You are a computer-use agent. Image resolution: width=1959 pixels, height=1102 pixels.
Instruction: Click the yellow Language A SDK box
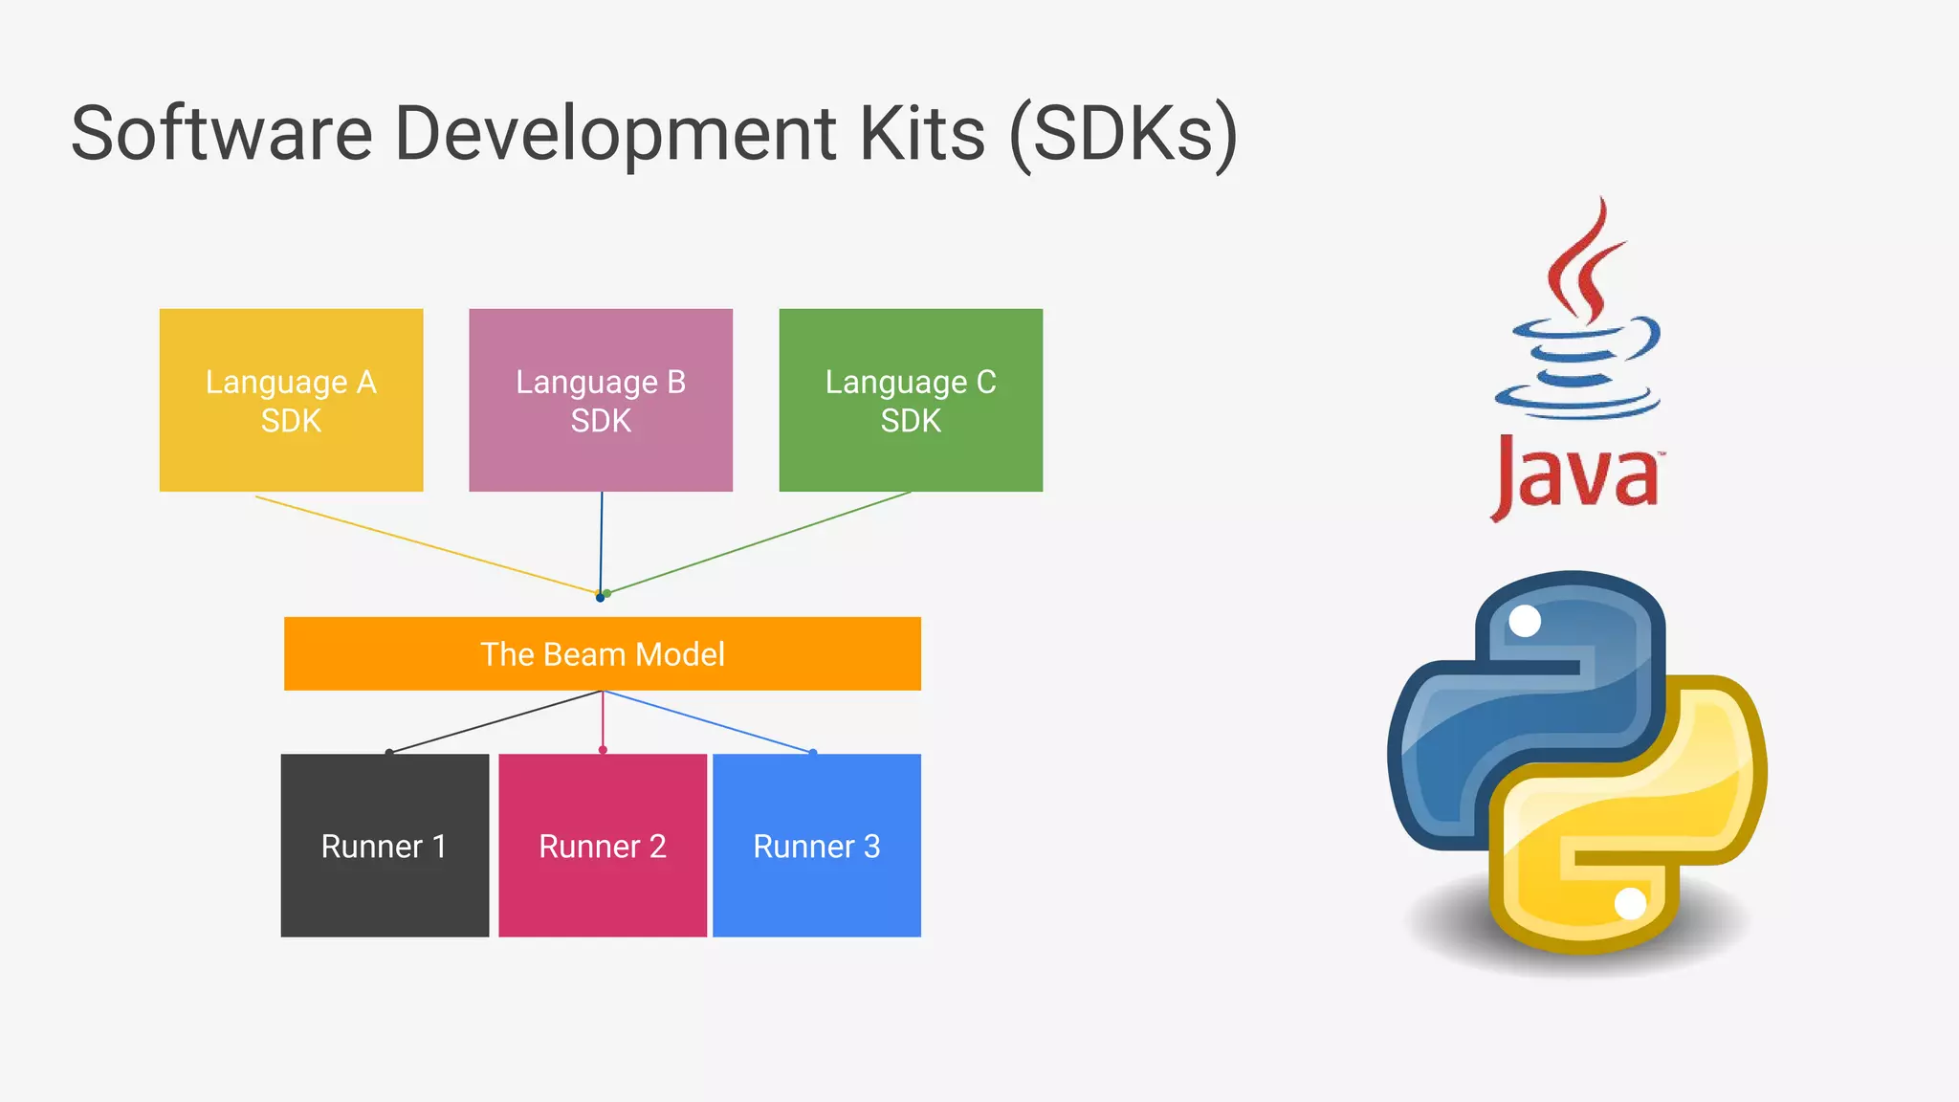[x=291, y=400]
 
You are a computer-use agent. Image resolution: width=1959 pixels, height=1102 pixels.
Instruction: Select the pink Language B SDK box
[x=601, y=400]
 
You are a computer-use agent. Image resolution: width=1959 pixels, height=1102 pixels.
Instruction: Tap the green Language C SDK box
[x=911, y=400]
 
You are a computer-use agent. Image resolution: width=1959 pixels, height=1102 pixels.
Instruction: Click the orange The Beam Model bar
[x=603, y=654]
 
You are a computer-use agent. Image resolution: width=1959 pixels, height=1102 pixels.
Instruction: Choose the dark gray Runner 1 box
[x=385, y=846]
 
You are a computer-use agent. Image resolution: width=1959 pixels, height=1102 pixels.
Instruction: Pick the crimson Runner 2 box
[x=603, y=846]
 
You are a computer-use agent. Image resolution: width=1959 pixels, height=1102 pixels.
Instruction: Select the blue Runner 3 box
[x=817, y=846]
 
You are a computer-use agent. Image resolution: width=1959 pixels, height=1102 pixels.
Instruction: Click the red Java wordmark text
[x=1576, y=475]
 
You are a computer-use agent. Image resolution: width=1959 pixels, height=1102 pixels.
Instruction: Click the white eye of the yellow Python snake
[x=1630, y=903]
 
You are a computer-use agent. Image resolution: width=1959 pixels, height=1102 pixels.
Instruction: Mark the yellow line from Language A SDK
[x=426, y=544]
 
